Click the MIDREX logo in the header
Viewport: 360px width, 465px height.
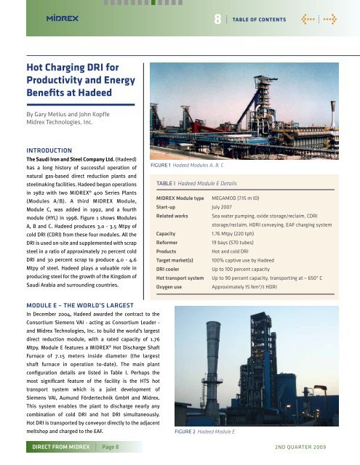[x=41, y=18]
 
